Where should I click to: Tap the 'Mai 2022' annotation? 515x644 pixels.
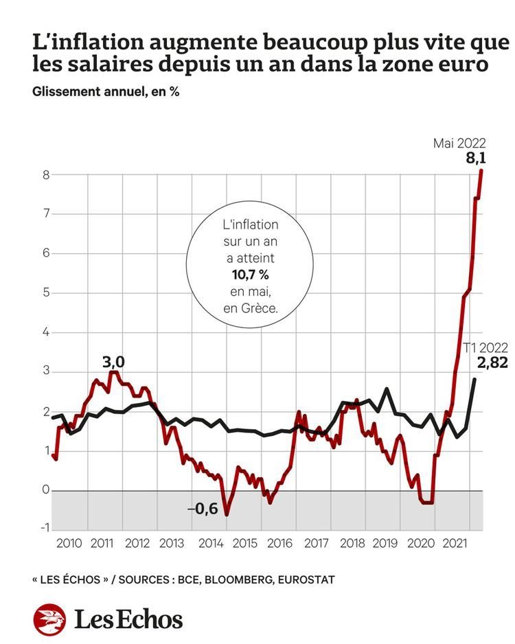pyautogui.click(x=459, y=143)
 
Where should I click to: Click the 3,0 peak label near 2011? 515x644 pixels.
pyautogui.click(x=114, y=360)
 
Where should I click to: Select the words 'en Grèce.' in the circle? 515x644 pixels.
pyautogui.click(x=250, y=309)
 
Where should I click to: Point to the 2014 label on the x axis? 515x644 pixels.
pyautogui.click(x=210, y=543)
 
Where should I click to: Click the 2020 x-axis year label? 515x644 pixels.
pyautogui.click(x=421, y=543)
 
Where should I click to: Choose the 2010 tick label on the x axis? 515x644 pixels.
pyautogui.click(x=69, y=543)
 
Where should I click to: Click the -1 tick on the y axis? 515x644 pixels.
pyautogui.click(x=44, y=527)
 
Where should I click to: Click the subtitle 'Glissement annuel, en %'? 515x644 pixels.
pyautogui.click(x=106, y=92)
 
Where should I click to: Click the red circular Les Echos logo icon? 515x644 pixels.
pyautogui.click(x=49, y=619)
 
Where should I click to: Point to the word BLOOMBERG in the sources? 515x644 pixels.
pyautogui.click(x=238, y=580)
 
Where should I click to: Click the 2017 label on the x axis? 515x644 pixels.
pyautogui.click(x=316, y=543)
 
